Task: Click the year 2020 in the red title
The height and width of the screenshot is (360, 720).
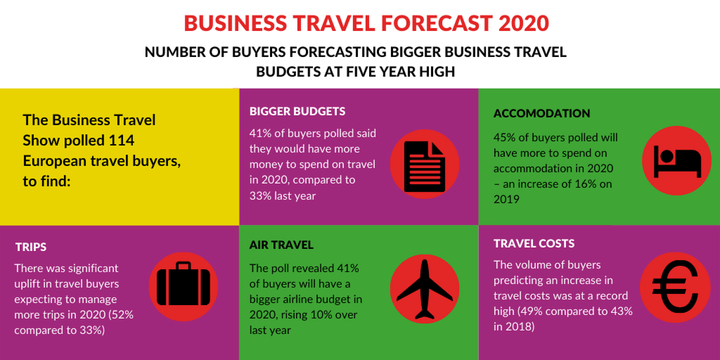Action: tap(522, 22)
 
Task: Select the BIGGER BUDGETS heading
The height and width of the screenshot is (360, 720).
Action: tap(297, 112)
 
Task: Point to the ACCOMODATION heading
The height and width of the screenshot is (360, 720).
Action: tap(541, 113)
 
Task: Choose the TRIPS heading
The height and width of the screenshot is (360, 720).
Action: tap(31, 247)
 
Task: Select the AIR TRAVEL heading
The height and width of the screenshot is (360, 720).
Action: tap(281, 245)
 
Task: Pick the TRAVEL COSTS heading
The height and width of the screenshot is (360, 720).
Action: tap(534, 243)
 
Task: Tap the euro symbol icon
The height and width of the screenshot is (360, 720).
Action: tap(677, 288)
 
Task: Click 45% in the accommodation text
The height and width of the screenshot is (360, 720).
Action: tap(506, 138)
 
